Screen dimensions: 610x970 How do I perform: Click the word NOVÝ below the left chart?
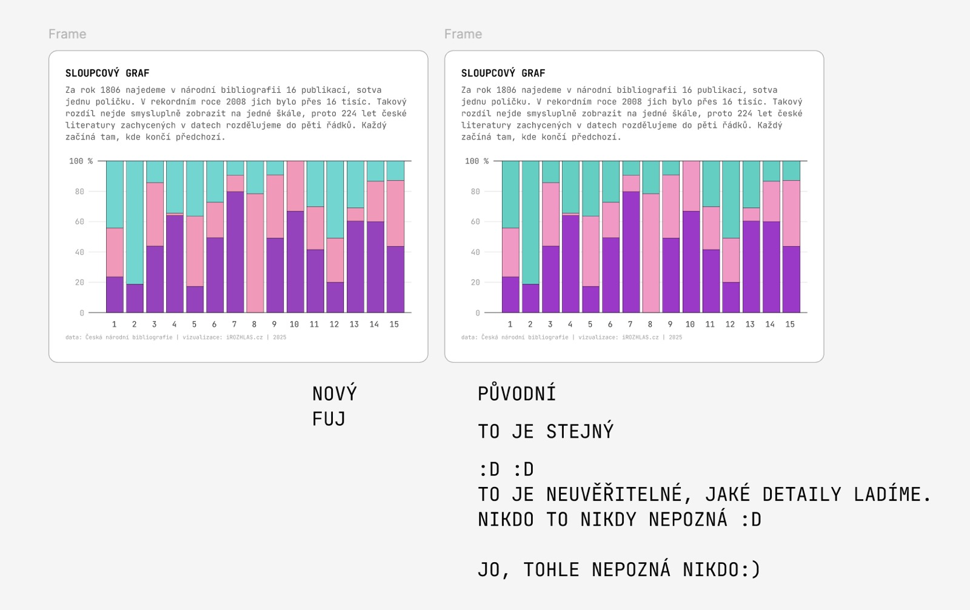(334, 394)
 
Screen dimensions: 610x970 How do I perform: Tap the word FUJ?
(329, 419)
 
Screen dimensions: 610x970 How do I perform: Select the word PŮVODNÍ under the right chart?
(517, 394)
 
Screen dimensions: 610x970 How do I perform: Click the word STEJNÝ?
(580, 431)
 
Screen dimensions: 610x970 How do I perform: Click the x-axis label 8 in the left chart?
(254, 324)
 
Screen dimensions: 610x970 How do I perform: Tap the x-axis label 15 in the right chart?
(790, 324)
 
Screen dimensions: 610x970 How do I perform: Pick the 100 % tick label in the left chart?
(81, 161)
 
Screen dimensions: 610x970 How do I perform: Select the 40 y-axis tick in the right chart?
(475, 252)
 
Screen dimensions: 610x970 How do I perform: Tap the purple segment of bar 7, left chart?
(235, 252)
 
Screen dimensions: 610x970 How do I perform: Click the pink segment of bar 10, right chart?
(690, 186)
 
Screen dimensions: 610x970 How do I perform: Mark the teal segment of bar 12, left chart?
(335, 199)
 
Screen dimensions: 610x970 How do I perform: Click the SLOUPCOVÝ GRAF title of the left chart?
(107, 73)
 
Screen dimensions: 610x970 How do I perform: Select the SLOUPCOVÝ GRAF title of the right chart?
(503, 73)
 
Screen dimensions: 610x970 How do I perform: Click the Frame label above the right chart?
(463, 34)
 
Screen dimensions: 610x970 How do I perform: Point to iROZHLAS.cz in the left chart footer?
(244, 337)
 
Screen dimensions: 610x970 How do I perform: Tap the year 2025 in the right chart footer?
(675, 337)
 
